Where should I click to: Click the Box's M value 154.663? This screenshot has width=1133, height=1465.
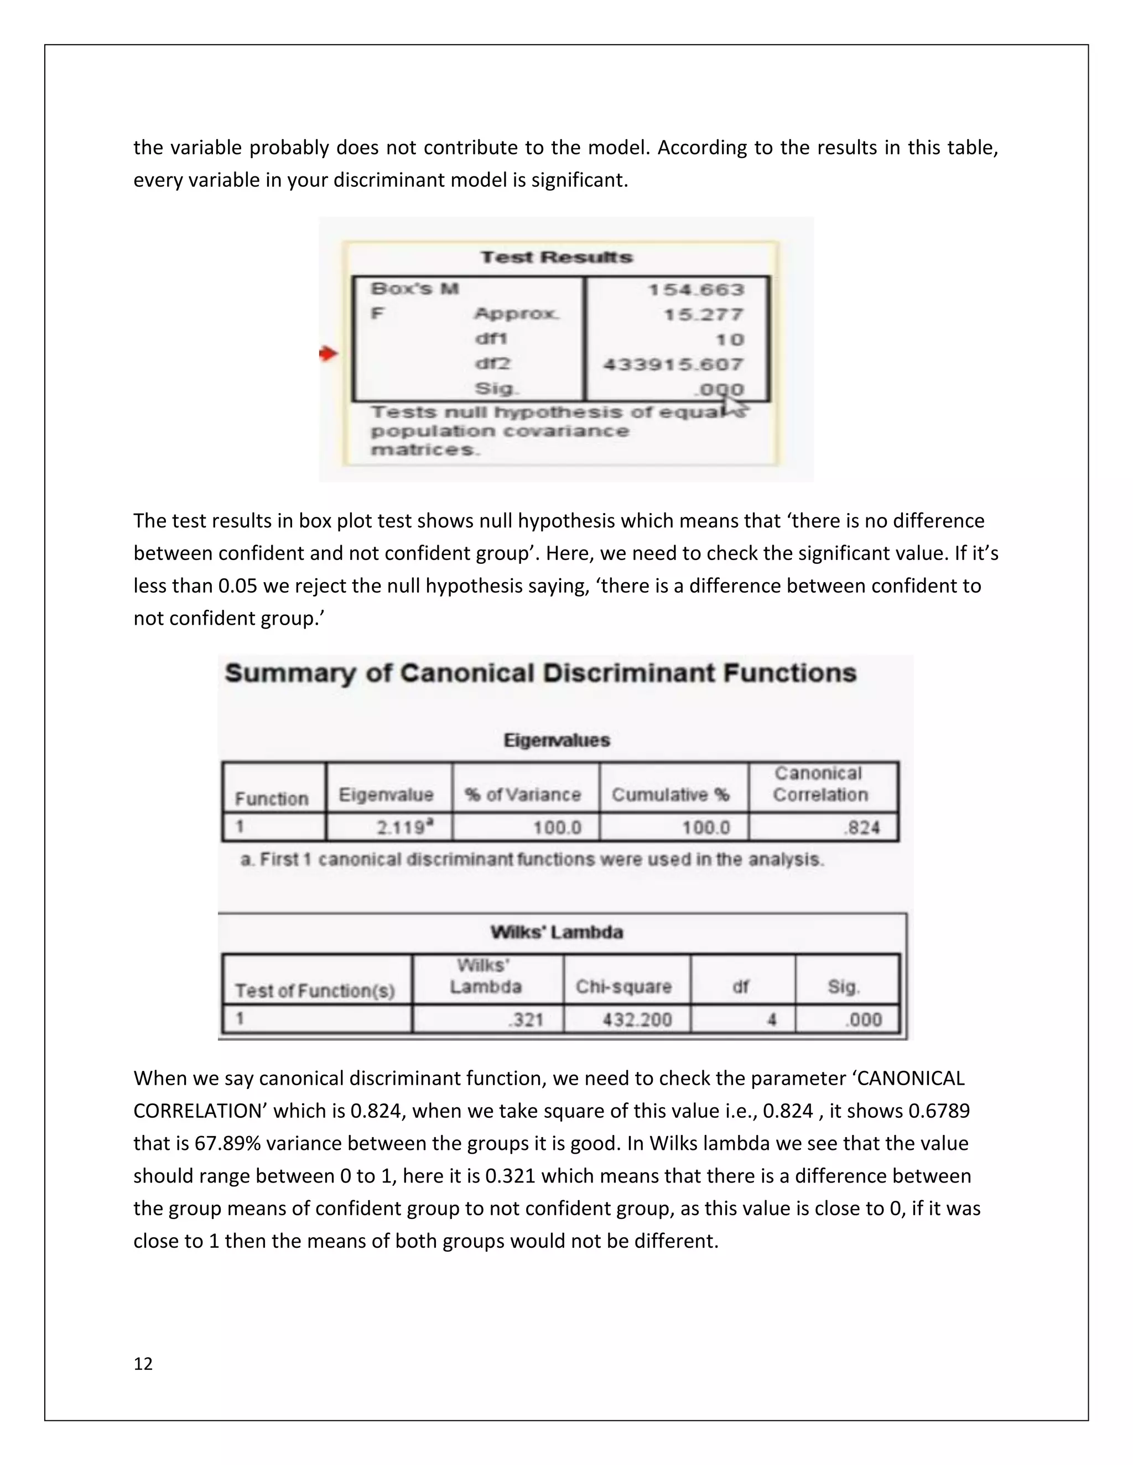[696, 290]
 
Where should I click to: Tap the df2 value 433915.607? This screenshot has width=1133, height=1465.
[673, 365]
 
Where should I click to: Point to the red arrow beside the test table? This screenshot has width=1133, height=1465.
[328, 353]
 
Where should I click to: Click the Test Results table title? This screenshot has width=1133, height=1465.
[557, 258]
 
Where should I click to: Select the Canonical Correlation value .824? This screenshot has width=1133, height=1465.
[862, 827]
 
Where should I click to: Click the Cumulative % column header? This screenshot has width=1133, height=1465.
[670, 795]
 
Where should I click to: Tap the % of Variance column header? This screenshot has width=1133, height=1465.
[523, 795]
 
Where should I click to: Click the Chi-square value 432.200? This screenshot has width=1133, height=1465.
[636, 1019]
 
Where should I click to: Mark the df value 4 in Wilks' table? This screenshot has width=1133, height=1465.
[772, 1019]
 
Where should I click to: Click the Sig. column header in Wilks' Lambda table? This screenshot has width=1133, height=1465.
[843, 987]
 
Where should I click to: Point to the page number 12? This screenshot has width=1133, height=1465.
[143, 1364]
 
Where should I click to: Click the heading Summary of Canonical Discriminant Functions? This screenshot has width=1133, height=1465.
[540, 673]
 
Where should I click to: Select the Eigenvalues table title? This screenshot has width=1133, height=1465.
[557, 741]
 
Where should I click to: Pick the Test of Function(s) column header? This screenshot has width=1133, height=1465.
[315, 991]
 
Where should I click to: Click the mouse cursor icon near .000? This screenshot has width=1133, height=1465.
[734, 406]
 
